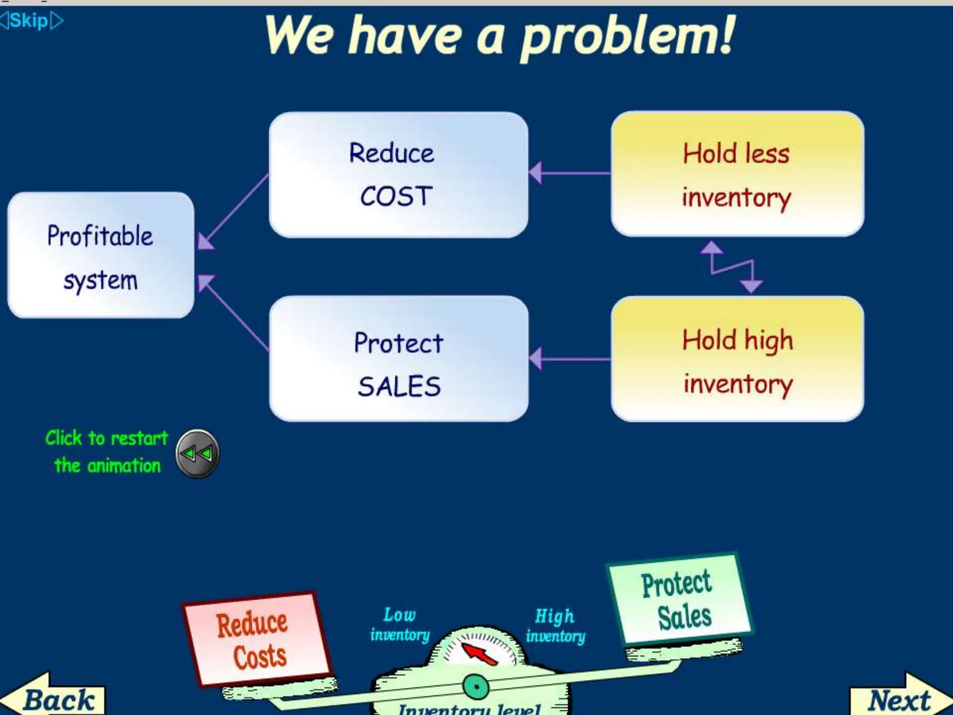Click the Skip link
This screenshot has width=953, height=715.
pyautogui.click(x=29, y=20)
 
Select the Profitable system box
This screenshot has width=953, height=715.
pyautogui.click(x=101, y=256)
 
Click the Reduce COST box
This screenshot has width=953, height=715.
pyautogui.click(x=398, y=175)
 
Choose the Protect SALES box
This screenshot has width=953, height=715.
pyautogui.click(x=398, y=359)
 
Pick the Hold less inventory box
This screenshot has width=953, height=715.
pyautogui.click(x=737, y=174)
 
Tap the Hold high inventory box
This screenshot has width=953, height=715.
pyautogui.click(x=737, y=359)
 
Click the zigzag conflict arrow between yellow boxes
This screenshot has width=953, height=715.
pyautogui.click(x=731, y=267)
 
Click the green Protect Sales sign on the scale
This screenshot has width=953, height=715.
pyautogui.click(x=679, y=600)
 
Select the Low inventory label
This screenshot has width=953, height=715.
pyautogui.click(x=400, y=625)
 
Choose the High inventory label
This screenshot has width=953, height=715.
pyautogui.click(x=555, y=626)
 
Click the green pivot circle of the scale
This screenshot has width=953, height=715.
pyautogui.click(x=476, y=687)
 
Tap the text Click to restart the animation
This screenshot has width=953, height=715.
pyautogui.click(x=107, y=452)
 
